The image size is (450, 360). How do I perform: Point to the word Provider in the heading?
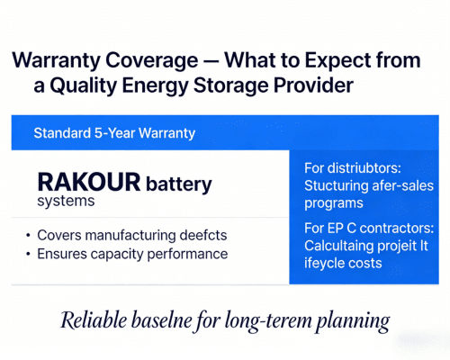click(x=307, y=85)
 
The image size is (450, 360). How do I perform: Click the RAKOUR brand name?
click(x=89, y=183)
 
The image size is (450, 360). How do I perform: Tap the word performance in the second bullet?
click(x=186, y=254)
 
